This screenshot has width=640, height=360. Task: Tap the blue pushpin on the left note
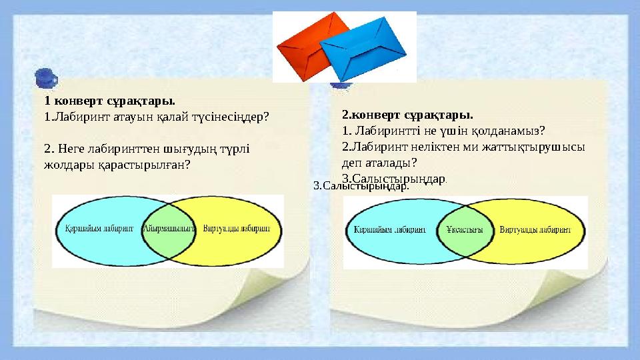45,77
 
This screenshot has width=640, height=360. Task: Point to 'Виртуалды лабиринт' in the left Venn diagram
236,228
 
